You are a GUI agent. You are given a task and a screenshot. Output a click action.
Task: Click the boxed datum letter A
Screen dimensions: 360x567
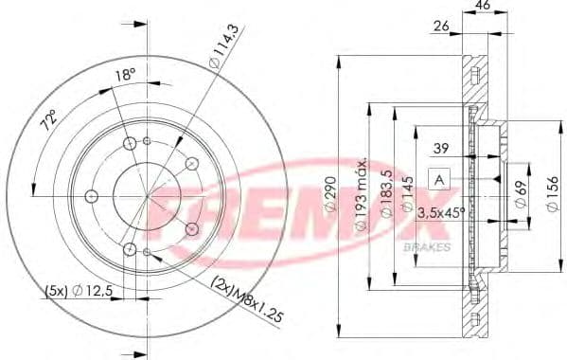(439, 178)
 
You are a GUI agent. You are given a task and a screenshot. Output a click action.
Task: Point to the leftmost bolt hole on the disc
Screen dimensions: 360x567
(92, 196)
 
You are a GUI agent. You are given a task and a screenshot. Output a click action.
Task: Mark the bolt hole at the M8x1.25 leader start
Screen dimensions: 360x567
(192, 228)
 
